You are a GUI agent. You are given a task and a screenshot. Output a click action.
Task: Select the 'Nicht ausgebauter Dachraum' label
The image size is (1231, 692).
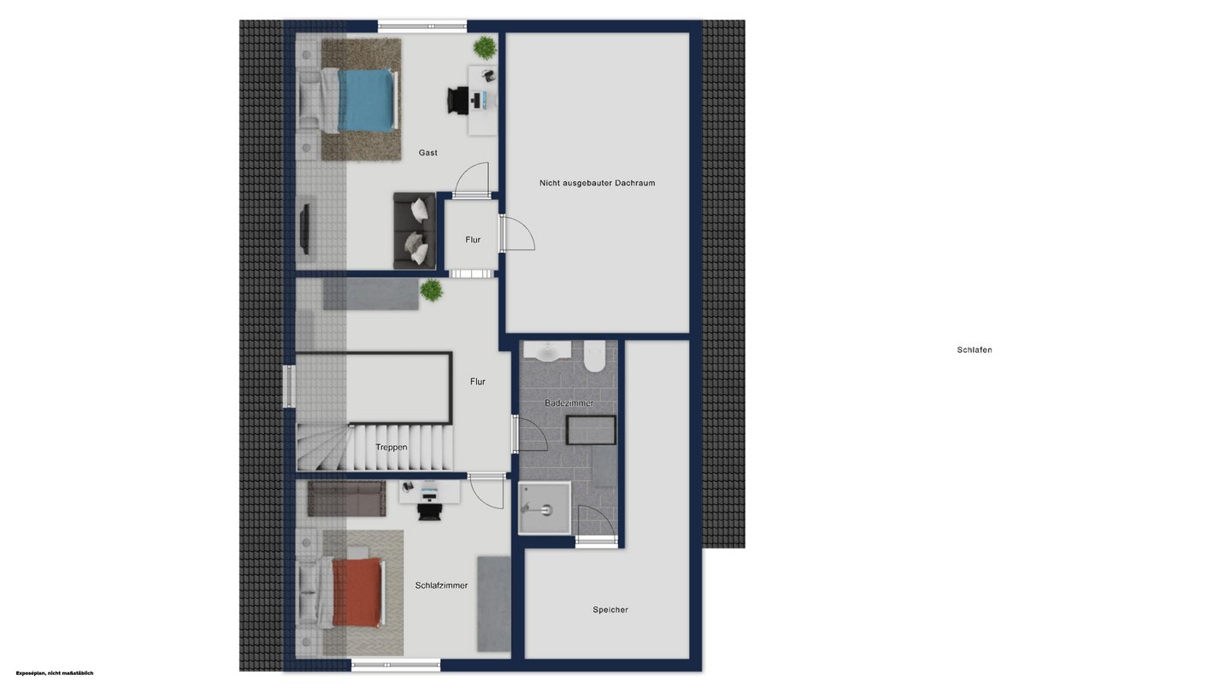(x=597, y=183)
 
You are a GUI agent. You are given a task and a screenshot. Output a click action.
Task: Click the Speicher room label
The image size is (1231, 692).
(x=610, y=610)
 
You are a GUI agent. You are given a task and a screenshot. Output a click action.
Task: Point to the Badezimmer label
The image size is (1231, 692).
(x=568, y=403)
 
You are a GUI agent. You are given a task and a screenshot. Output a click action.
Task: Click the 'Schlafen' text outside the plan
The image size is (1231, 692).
(x=975, y=350)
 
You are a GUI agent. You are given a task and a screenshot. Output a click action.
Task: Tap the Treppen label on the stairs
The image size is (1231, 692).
(x=392, y=447)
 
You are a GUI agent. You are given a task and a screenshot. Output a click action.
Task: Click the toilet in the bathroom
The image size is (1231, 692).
(x=594, y=355)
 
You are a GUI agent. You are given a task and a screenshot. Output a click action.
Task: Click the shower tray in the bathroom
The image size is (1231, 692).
(x=545, y=508)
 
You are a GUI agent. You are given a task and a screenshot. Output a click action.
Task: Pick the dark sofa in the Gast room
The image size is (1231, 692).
(x=415, y=231)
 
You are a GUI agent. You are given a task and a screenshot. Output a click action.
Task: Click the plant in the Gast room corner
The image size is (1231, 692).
(x=485, y=48)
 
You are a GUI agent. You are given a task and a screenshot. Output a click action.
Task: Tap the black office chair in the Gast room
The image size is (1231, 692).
(x=457, y=101)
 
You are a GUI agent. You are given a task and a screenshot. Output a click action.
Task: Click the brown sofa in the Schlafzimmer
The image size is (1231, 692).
(x=346, y=499)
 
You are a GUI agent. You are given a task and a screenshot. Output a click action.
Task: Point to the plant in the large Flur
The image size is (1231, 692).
(x=432, y=290)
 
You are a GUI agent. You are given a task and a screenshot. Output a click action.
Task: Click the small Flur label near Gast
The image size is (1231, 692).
(x=473, y=240)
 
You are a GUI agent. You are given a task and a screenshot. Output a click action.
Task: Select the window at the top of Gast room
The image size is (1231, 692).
(x=422, y=26)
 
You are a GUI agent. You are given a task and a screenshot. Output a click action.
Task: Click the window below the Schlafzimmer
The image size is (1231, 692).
(x=396, y=666)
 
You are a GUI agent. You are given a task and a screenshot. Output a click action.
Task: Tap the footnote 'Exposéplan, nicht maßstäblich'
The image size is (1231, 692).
(x=55, y=673)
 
